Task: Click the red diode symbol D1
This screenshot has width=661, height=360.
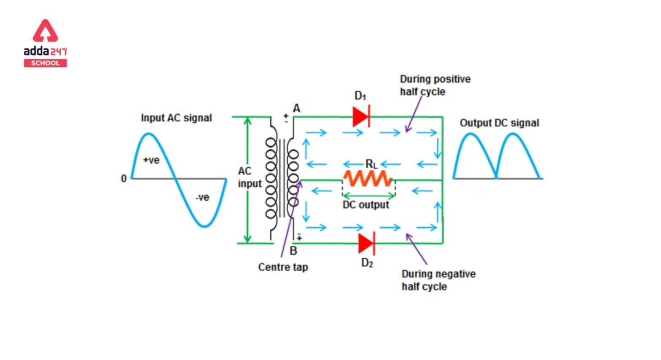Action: pos(361,116)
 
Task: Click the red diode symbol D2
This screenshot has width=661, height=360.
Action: pos(366,243)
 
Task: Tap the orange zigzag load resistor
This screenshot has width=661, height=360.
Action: pos(368,179)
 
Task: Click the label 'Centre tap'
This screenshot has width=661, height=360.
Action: pos(283,267)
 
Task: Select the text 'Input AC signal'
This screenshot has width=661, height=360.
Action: pos(176,118)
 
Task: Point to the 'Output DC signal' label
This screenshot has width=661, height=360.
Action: pos(499,123)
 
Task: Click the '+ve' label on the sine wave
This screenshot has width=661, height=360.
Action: pos(151,160)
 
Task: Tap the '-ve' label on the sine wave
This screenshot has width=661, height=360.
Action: pos(202,197)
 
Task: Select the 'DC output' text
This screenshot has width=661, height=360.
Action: pos(365,205)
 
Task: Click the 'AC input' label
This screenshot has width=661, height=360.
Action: pos(250,177)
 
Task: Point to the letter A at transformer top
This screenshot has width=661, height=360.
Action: pos(296,108)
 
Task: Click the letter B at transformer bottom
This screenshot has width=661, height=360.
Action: pos(293,251)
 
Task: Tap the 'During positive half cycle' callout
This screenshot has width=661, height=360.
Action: pos(435,86)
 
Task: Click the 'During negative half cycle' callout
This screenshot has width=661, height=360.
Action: pos(438,280)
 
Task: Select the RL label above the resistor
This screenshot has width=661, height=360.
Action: pos(371,164)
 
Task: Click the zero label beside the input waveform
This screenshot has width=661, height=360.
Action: pos(124,179)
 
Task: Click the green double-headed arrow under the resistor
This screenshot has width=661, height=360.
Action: pos(369,196)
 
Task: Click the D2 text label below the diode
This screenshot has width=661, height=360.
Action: pos(367,263)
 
